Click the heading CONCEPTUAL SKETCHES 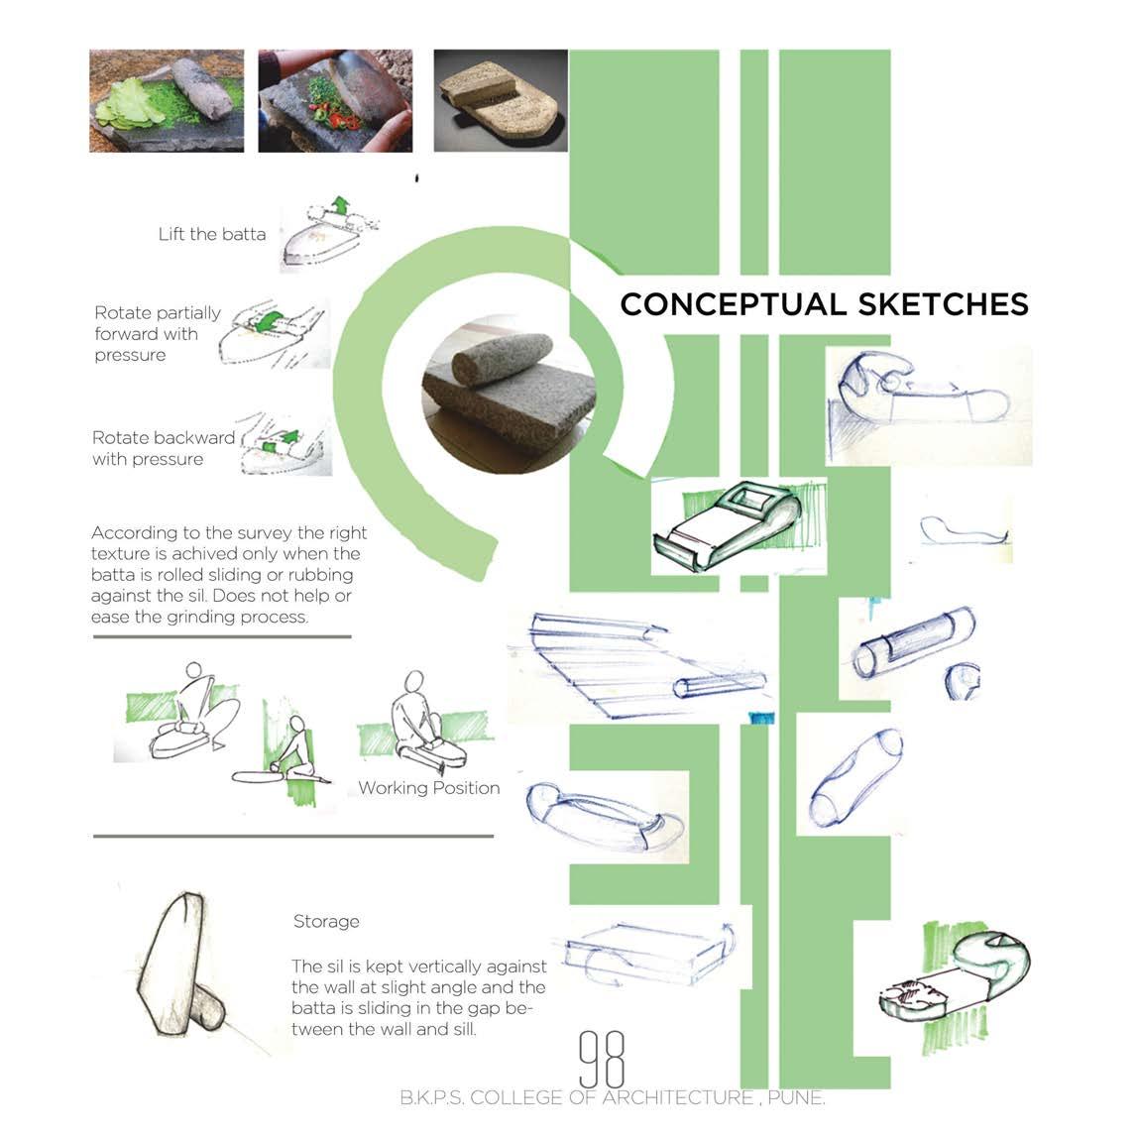824,303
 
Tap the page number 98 602,1058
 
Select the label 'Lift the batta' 212,235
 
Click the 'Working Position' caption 428,788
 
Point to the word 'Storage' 326,922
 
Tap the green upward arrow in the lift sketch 341,206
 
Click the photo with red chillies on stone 335,101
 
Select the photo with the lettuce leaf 167,101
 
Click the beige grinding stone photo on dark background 501,101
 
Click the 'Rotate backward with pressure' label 164,448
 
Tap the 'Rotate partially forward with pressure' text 158,334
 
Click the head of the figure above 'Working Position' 410,683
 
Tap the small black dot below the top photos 417,179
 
